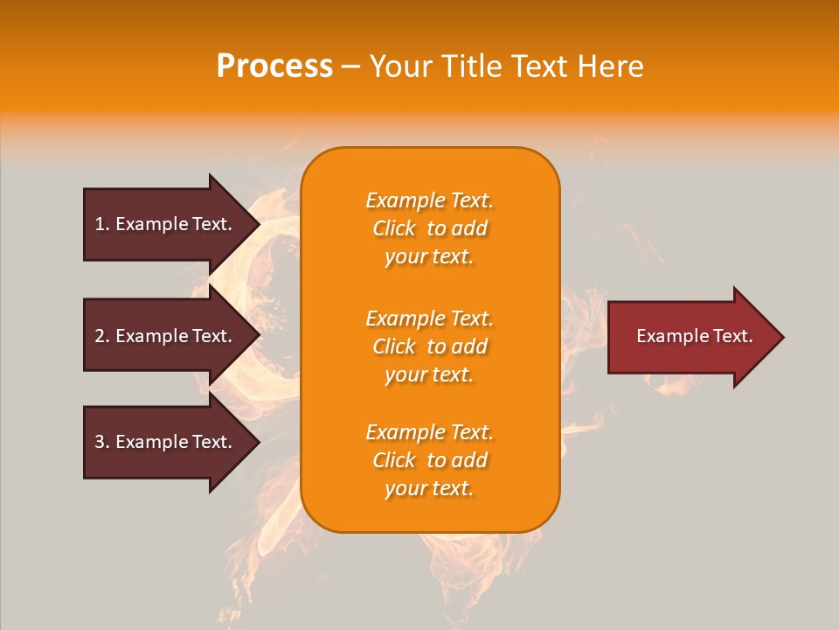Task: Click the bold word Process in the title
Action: click(274, 66)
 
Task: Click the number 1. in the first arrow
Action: click(102, 224)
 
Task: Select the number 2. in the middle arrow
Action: click(102, 336)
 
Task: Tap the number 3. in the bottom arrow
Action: click(102, 442)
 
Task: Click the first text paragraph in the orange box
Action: click(429, 228)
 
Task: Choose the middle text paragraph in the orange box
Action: click(429, 346)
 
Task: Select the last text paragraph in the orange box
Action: click(429, 460)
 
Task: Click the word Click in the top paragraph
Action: click(394, 228)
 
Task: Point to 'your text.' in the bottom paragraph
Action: click(429, 488)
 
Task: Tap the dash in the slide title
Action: click(350, 66)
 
